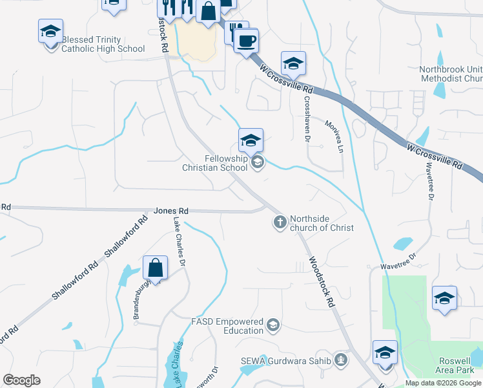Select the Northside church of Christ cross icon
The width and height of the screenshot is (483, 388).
[x=280, y=223]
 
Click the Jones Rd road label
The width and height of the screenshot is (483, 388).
[x=171, y=211]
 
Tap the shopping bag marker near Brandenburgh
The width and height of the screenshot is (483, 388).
[x=155, y=267]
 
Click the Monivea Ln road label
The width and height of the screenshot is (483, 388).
[x=333, y=136]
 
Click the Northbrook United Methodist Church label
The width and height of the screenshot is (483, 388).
[x=450, y=74]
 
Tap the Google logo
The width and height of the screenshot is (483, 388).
[x=21, y=380]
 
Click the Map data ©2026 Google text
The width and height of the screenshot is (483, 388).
[x=442, y=383]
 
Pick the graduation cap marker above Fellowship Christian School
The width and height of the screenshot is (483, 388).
[x=251, y=139]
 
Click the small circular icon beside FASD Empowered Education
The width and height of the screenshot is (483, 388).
[x=273, y=325]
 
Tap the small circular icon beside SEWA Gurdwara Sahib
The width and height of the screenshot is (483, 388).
[x=341, y=360]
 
